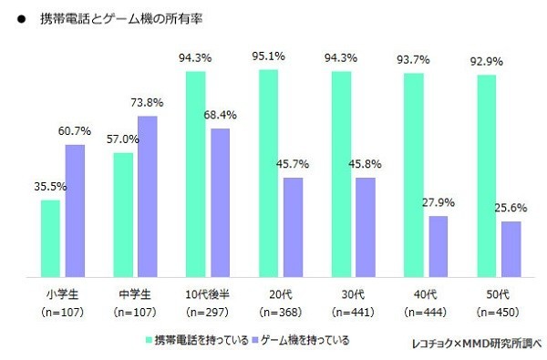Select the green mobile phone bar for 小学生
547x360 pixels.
[50, 237]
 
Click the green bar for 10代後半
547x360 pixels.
[195, 173]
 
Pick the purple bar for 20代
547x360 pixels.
[293, 226]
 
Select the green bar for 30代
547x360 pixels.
[341, 173]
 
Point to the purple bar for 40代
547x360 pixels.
[439, 245]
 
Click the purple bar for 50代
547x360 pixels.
[511, 247]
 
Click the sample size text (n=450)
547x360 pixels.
[501, 312]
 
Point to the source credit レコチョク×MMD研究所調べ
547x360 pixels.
[475, 343]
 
